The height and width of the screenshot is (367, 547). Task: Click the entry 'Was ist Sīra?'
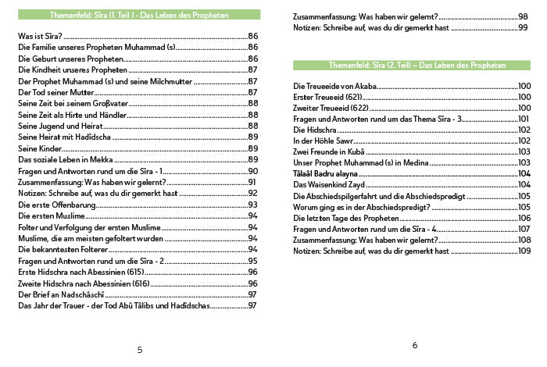pyautogui.click(x=40, y=36)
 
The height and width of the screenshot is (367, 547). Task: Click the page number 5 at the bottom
pyautogui.click(x=139, y=348)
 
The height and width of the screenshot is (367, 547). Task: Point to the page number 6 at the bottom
pyautogui.click(x=414, y=345)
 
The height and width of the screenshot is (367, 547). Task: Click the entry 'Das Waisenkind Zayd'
pyautogui.click(x=329, y=184)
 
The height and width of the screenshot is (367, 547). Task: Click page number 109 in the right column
pyautogui.click(x=524, y=251)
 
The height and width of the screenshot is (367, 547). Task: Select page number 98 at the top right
pyautogui.click(x=523, y=16)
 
